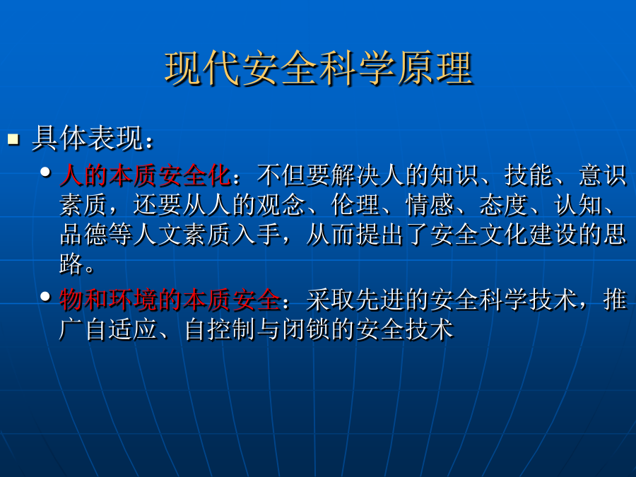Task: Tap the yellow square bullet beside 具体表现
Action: tap(13, 139)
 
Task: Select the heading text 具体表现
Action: tap(88, 139)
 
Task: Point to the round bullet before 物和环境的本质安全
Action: tap(45, 297)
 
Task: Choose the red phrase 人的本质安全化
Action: tap(146, 175)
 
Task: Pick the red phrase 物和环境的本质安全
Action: tap(170, 300)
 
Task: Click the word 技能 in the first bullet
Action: tap(529, 175)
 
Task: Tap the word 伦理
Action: tap(355, 205)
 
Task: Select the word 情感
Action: tap(430, 205)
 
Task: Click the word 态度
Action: tap(504, 205)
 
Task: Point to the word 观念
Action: tap(281, 205)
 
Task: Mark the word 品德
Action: tap(84, 235)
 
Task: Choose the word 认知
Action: tap(578, 205)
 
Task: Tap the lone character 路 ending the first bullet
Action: tap(71, 264)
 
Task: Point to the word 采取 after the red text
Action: tap(331, 300)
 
